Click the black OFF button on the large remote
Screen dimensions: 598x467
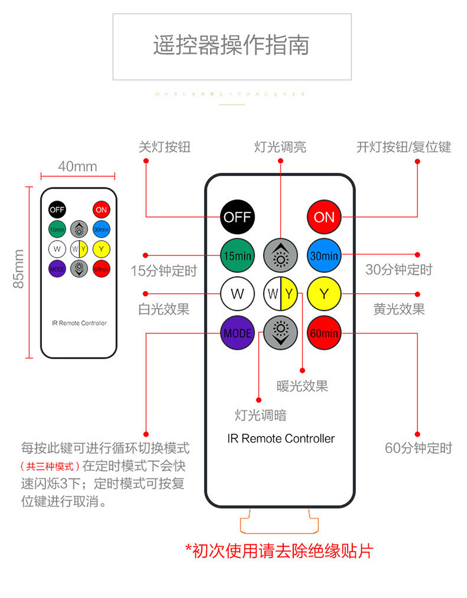(x=237, y=217)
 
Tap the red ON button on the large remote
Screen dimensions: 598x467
(x=324, y=217)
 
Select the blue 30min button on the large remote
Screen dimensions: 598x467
(x=324, y=256)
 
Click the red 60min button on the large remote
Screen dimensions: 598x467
(x=324, y=333)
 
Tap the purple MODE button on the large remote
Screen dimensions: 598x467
(x=237, y=333)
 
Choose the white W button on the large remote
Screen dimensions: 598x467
(x=237, y=294)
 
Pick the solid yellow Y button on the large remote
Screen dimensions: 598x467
(x=324, y=294)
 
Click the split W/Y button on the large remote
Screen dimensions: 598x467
(x=281, y=294)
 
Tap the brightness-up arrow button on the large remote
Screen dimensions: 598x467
(x=281, y=256)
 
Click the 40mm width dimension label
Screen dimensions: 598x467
(x=77, y=167)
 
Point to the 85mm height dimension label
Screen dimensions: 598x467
(x=19, y=269)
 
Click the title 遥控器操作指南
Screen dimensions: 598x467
(x=232, y=46)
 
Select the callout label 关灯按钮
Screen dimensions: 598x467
(x=164, y=147)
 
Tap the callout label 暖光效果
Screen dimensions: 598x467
(x=302, y=386)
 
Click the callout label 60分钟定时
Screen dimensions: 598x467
(x=418, y=448)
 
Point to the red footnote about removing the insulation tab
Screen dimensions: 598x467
(x=279, y=551)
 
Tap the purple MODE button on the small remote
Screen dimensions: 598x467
(x=57, y=269)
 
